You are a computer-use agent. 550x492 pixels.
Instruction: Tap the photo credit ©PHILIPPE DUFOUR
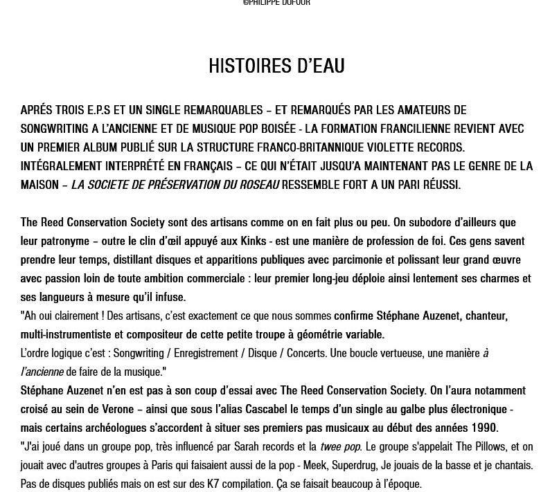(276, 3)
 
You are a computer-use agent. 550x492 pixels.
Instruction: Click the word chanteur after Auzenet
(486, 316)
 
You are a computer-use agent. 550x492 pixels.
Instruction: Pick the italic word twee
(330, 447)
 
